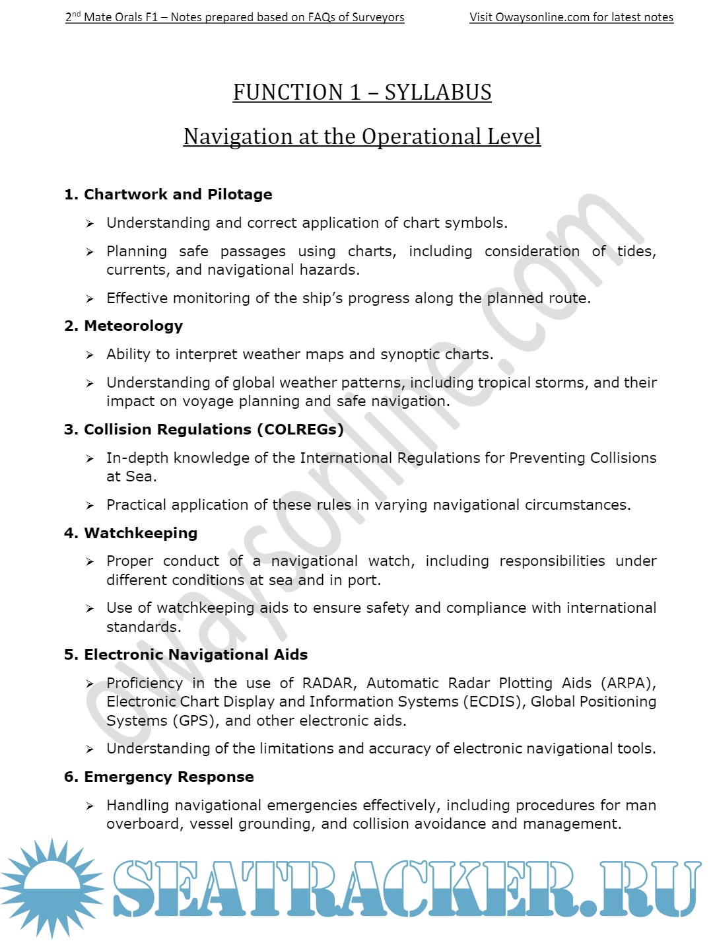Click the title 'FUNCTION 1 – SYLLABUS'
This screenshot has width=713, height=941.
362,92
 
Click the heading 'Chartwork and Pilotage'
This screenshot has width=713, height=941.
178,194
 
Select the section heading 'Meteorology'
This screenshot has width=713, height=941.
133,326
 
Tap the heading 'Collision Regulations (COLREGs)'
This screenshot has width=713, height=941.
213,429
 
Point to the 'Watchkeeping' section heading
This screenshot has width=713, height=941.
141,533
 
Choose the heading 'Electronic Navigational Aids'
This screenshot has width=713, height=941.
195,654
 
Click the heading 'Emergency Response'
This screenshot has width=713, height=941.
168,777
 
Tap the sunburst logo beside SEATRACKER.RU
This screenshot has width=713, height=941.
51,888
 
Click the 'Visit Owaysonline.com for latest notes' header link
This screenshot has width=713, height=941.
571,17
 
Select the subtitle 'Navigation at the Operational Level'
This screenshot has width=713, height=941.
362,137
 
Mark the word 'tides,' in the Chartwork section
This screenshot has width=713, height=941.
636,251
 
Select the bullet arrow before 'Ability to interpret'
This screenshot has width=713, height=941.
90,355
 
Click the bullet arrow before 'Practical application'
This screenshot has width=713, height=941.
90,506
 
